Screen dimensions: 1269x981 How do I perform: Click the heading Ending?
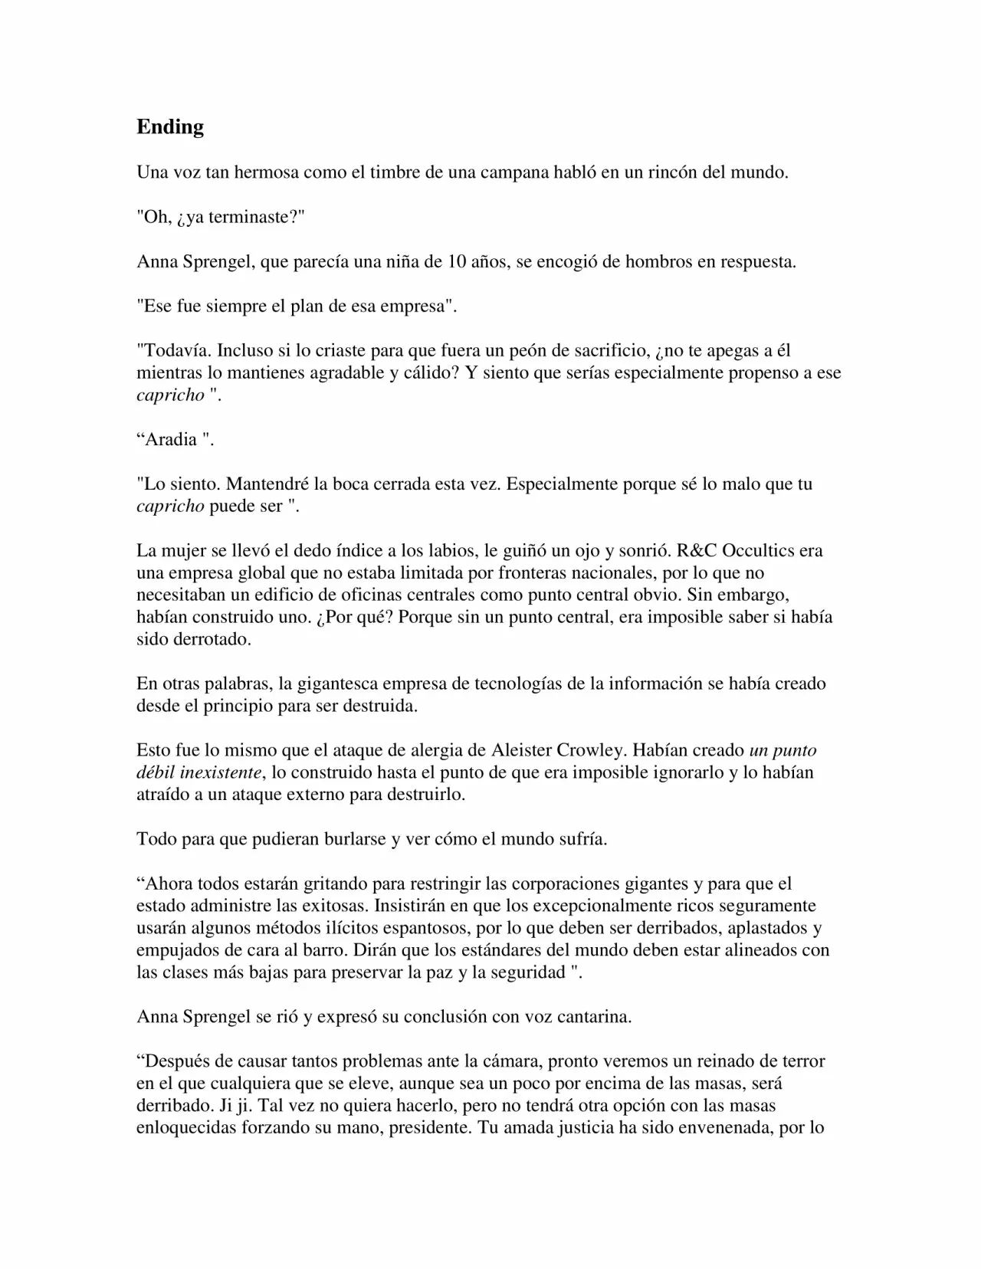coord(170,126)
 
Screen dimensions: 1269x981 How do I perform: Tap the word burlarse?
coord(353,838)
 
